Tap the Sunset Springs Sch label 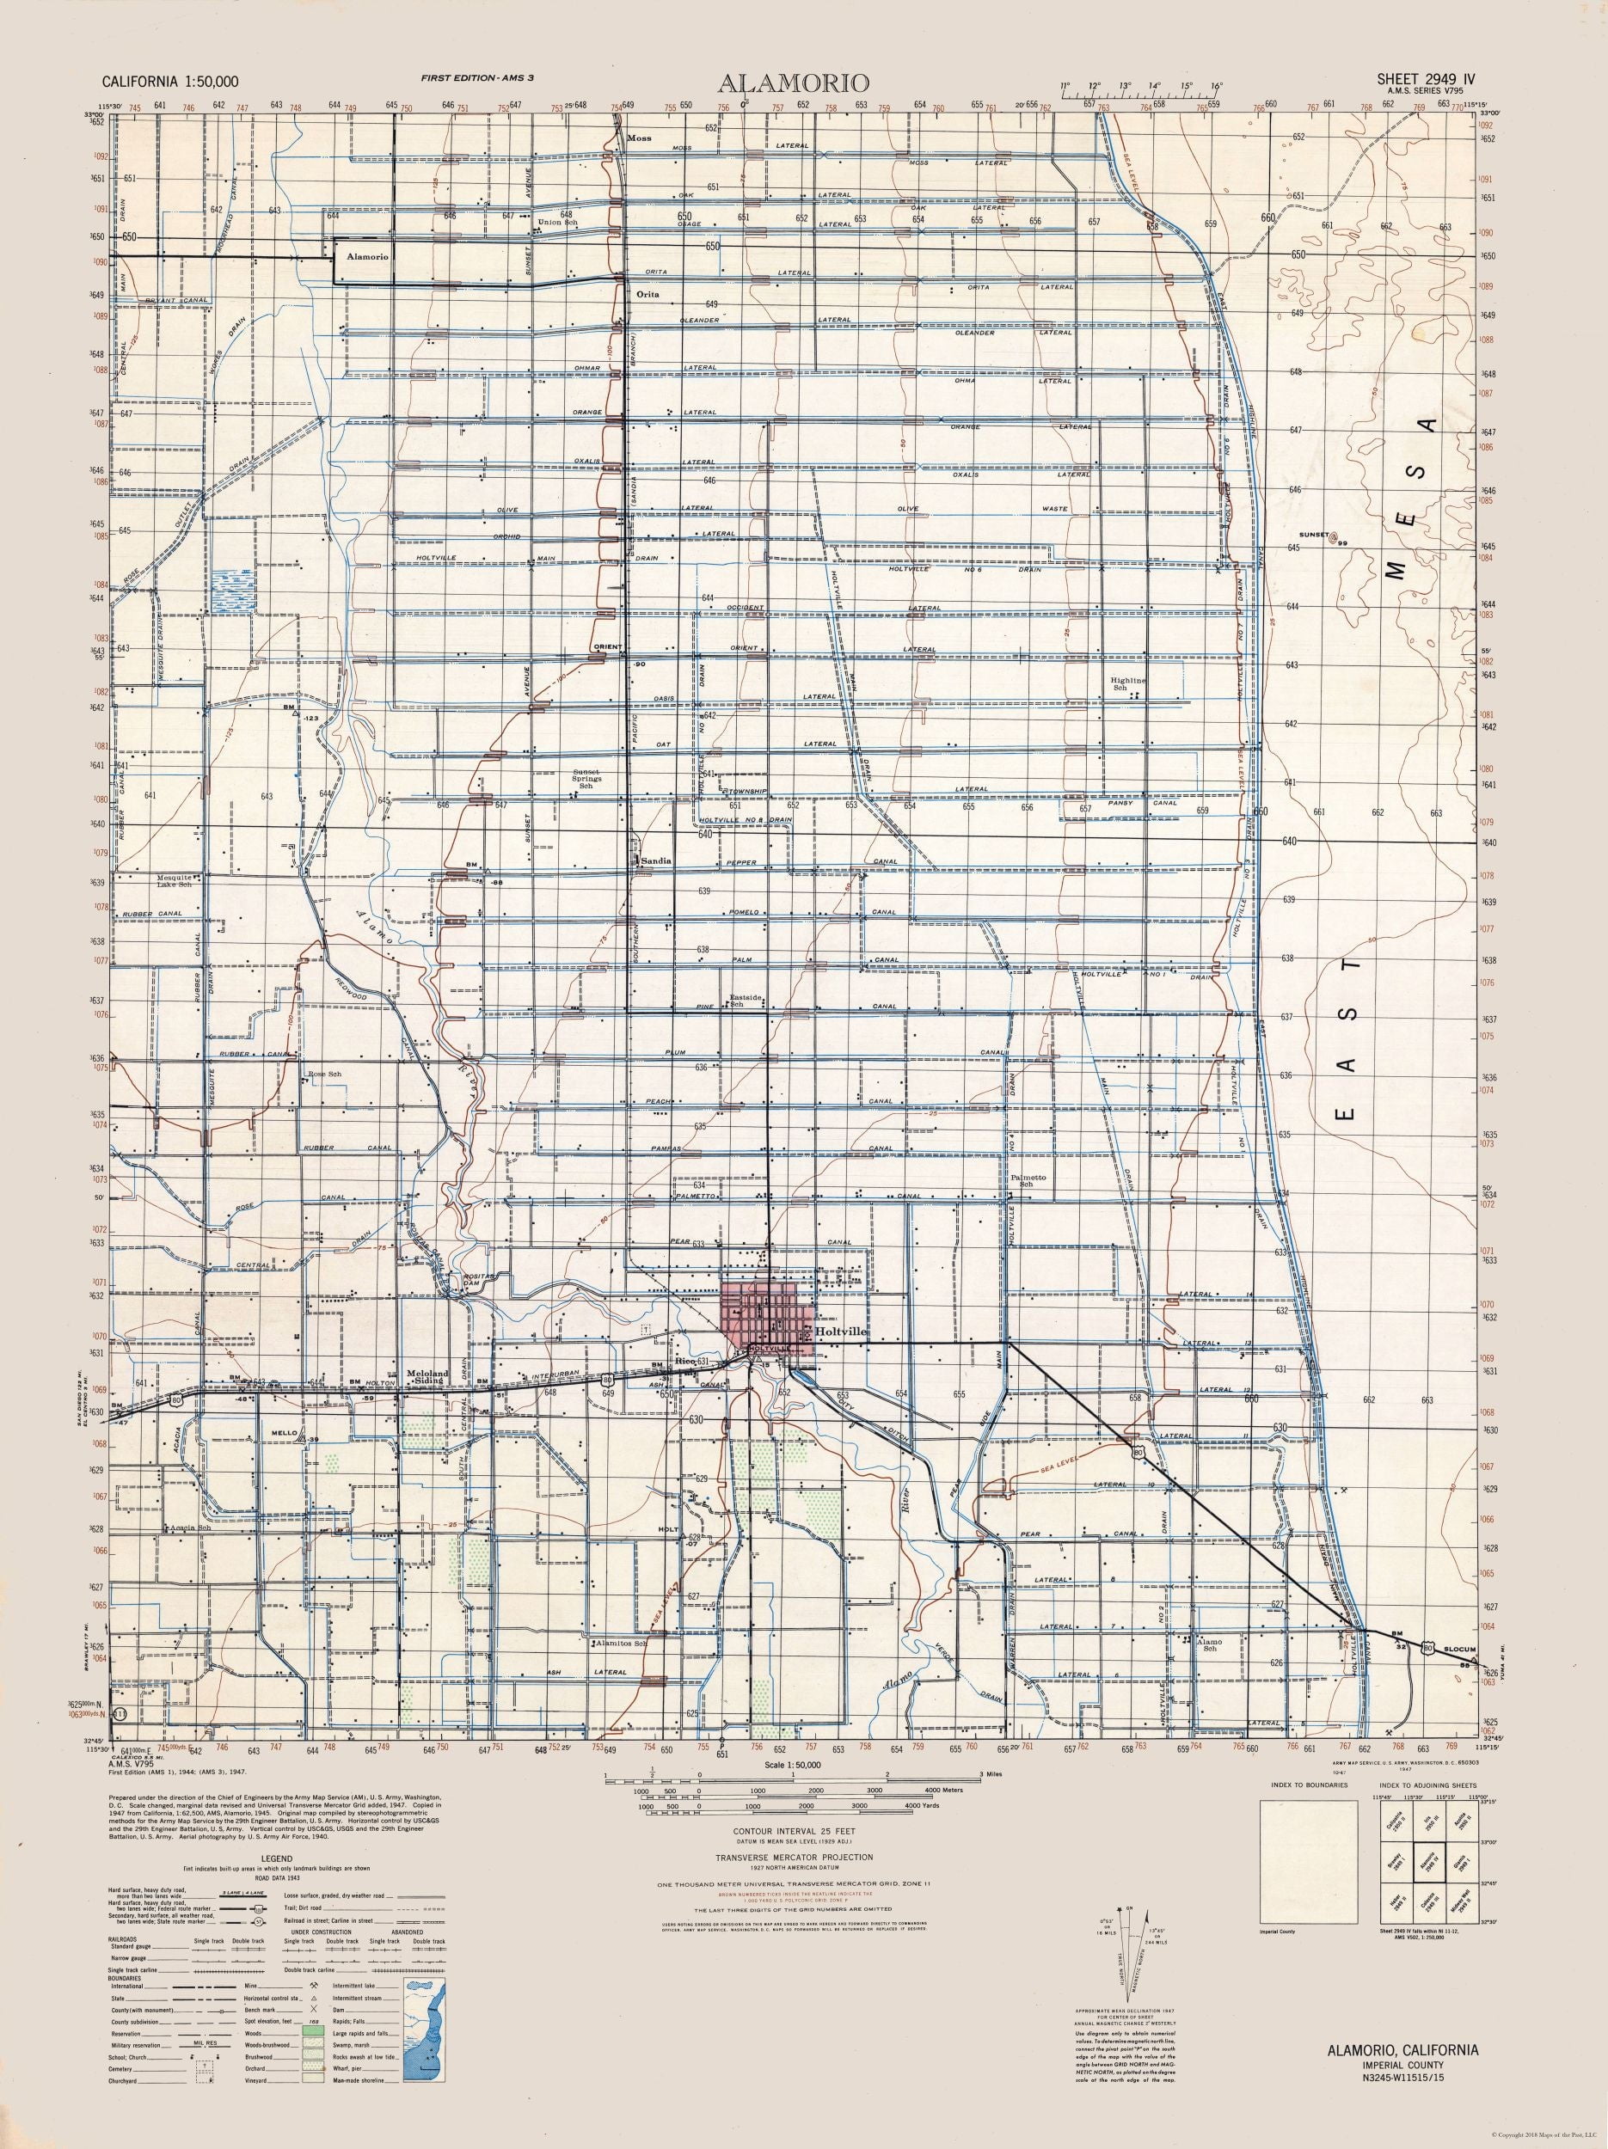(586, 779)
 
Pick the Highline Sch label (1129, 685)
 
